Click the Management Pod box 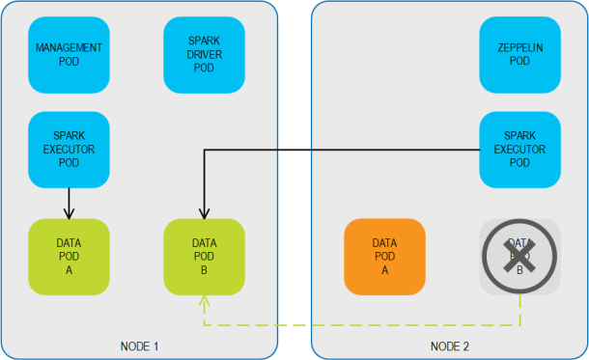pos(69,54)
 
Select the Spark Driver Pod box pos(204,54)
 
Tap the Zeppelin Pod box pos(520,54)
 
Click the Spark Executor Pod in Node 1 pos(69,149)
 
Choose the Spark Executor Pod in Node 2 pos(520,149)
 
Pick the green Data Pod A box pos(69,256)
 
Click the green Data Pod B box pos(204,256)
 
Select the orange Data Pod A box pos(384,256)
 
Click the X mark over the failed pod pos(521,257)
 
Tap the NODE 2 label pos(450,345)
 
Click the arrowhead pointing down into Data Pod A pos(69,213)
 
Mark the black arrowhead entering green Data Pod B pos(204,213)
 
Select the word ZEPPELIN pos(520,48)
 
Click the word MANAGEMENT pos(69,48)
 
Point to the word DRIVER pos(204,54)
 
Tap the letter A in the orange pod pos(384,269)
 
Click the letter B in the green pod pos(204,269)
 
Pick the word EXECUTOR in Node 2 pos(520,149)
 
